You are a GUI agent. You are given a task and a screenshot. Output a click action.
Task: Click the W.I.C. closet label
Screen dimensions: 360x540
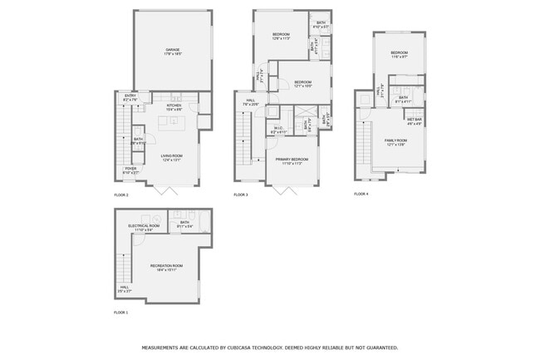tap(278, 129)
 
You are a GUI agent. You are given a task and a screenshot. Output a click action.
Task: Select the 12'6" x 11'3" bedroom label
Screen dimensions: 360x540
tap(281, 35)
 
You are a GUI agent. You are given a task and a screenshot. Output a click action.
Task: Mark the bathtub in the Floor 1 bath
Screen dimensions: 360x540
tap(203, 223)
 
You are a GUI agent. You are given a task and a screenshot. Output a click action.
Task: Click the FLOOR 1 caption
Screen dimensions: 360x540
tap(121, 313)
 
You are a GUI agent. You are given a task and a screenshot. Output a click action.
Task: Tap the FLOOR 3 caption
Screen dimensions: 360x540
tap(241, 195)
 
